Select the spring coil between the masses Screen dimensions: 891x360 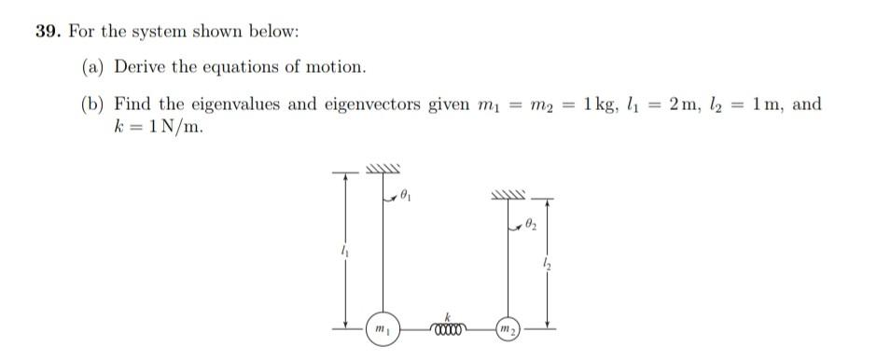pos(448,327)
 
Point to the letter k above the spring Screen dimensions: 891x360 pos(448,315)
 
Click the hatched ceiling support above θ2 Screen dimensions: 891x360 pos(508,195)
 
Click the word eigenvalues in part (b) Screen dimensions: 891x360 pos(238,104)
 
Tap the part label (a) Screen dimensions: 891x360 pos(92,67)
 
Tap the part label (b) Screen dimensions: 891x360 pos(92,104)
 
